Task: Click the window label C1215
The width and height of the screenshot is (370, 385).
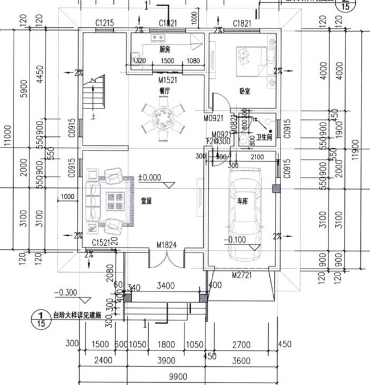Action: [x=105, y=23]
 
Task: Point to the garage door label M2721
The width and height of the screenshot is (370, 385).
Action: [x=242, y=274]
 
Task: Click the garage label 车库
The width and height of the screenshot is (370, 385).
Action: [x=244, y=201]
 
